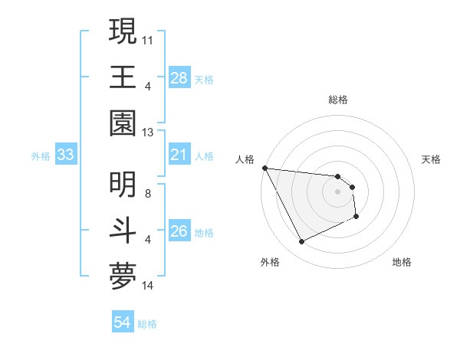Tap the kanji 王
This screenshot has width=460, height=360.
click(123, 77)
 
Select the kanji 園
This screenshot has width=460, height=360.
click(123, 123)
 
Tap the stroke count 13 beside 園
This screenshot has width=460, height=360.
click(149, 133)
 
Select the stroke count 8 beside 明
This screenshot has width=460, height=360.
click(149, 193)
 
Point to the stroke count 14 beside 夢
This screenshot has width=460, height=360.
click(149, 286)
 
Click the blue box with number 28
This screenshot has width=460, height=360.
click(179, 77)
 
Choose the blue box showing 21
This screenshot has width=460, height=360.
click(179, 155)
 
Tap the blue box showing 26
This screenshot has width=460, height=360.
click(179, 231)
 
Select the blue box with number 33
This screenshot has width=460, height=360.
click(65, 155)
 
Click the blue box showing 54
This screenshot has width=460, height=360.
click(123, 322)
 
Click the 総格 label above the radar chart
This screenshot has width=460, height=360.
click(337, 100)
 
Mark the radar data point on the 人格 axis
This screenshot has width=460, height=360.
click(264, 168)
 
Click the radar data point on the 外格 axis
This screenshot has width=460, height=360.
click(301, 242)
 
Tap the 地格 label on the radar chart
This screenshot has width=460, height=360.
click(402, 262)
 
